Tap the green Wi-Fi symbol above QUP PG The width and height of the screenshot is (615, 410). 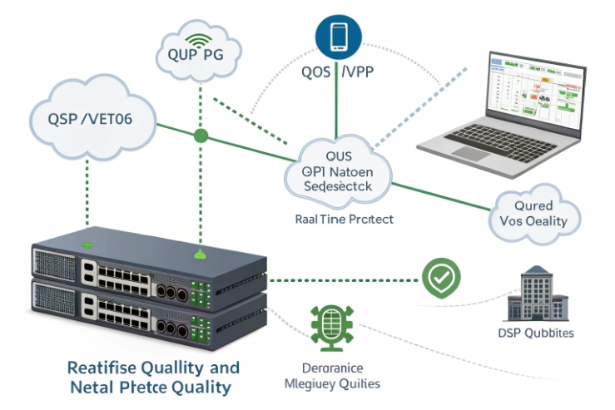(x=199, y=40)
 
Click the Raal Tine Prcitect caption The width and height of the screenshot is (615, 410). (x=345, y=220)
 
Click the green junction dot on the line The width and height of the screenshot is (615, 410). (x=200, y=135)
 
